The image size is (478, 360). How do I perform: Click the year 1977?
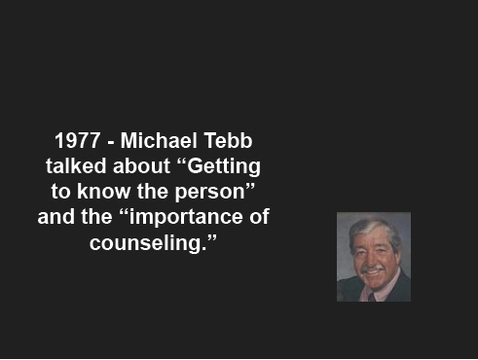[x=77, y=141]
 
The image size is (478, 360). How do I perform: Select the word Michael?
[x=159, y=141]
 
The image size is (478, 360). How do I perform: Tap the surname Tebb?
[x=228, y=141]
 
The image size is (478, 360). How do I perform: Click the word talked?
[x=76, y=165]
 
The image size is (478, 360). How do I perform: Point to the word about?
[x=141, y=166]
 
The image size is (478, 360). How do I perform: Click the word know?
[x=103, y=191]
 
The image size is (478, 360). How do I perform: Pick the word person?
[x=209, y=193]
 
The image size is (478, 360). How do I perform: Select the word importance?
[x=186, y=217]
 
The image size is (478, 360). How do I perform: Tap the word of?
[x=259, y=216]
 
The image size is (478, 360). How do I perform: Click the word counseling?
[x=148, y=243]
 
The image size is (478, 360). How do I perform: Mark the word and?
[x=55, y=216]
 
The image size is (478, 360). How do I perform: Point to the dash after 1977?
[x=110, y=143]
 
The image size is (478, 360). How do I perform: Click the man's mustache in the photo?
[x=373, y=269]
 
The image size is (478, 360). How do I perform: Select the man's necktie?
[x=372, y=297]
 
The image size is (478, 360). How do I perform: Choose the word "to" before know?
[x=60, y=192]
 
